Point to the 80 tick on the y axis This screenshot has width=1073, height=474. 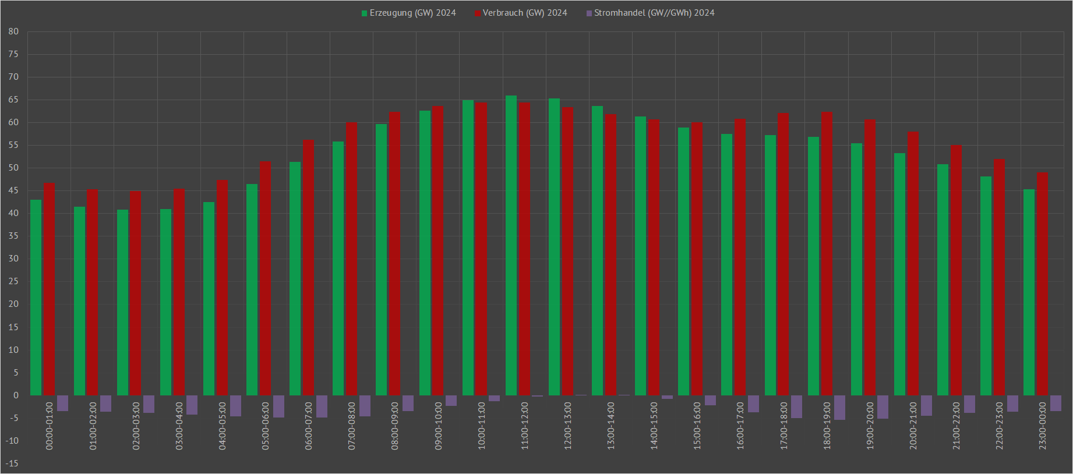pos(13,31)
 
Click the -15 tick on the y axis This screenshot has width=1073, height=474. pos(12,464)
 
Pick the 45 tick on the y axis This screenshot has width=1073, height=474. pos(13,190)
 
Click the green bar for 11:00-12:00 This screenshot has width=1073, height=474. pos(511,245)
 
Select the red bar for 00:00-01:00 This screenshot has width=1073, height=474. pos(50,289)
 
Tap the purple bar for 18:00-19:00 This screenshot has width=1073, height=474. pos(839,408)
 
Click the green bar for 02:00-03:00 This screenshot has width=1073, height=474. pos(122,302)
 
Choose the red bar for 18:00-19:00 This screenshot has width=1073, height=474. pos(827,253)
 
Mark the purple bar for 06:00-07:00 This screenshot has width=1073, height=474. pos(322,406)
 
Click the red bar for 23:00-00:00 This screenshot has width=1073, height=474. pos(1042,284)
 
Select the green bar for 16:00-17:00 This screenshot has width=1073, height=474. pos(726,264)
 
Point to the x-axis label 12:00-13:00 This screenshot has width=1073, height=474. pos(568,426)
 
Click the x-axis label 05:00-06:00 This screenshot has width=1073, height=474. pos(266,426)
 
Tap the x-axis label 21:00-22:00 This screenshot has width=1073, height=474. pos(956,426)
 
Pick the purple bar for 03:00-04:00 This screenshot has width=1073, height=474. pos(192,405)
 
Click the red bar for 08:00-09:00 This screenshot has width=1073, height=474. pos(394,253)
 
